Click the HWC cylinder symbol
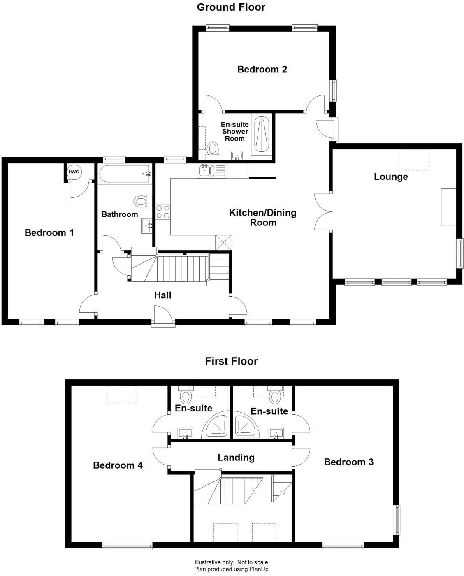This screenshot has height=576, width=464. point(74,172)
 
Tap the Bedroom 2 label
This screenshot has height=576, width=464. point(262,70)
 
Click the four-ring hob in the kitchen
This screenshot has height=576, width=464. point(163,211)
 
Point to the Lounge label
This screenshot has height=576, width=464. point(390,177)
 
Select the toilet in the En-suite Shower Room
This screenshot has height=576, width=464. point(213,148)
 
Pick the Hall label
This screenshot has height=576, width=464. point(162,295)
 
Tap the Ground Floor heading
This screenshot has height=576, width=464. point(231,7)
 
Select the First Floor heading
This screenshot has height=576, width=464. point(231,361)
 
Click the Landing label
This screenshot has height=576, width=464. point(236,458)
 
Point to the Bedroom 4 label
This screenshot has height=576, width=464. point(118,465)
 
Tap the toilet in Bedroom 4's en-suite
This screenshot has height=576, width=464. point(186,396)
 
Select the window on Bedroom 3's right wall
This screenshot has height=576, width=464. point(397,520)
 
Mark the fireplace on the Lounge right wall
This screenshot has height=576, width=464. point(448,207)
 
